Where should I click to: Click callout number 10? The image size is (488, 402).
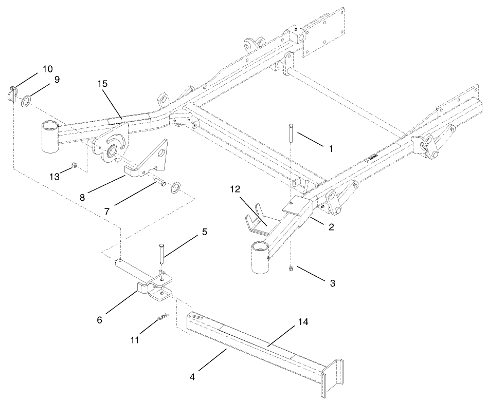coord(47,69)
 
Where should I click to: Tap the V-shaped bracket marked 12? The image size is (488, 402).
coord(258,223)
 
